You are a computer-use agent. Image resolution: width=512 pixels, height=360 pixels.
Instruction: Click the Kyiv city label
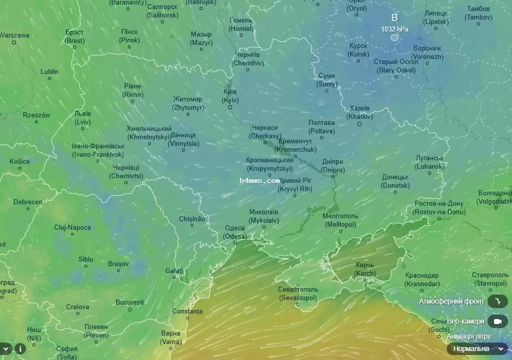[230, 96]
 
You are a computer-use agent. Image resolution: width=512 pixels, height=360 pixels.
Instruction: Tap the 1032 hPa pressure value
[395, 29]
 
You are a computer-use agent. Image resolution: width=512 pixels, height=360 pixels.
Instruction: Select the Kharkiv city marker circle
[359, 123]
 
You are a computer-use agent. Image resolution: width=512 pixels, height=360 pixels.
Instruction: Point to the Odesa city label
[235, 232]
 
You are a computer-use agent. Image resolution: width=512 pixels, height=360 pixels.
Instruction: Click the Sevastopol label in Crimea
[298, 294]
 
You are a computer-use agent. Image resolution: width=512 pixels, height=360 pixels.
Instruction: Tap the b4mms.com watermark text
[259, 180]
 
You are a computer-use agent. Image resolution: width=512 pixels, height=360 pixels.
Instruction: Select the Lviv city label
[83, 117]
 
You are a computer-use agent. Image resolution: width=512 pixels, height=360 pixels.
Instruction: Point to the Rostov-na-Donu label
[438, 208]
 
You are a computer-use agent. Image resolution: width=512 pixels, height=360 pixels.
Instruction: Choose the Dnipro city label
[332, 166]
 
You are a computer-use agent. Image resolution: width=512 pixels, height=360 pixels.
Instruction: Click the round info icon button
[20, 349]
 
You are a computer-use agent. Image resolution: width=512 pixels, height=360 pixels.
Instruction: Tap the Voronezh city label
[427, 52]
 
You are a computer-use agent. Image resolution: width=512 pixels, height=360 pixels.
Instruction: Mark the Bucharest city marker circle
[130, 310]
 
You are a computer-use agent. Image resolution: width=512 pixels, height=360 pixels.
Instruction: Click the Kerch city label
[365, 269]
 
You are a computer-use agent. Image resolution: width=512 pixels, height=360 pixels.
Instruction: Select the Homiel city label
[242, 24]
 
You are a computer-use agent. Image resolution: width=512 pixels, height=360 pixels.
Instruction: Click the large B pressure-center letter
[394, 18]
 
